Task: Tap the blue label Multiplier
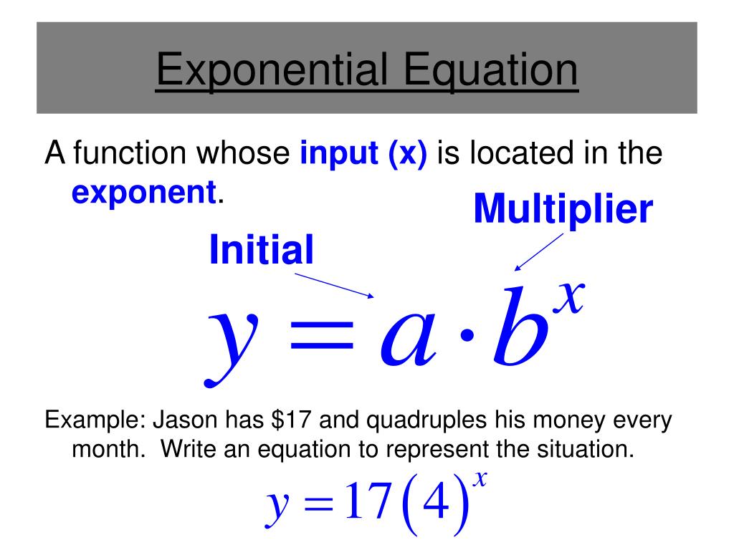pos(563,209)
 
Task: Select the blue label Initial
pos(261,249)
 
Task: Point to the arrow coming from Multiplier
pos(539,252)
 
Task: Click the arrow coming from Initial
pos(334,285)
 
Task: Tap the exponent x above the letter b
pos(568,297)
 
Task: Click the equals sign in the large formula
pos(322,335)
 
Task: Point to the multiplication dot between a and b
pos(466,335)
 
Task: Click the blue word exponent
pos(143,193)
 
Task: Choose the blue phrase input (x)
pos(363,153)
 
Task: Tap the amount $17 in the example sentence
pos(291,420)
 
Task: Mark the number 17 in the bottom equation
pos(368,502)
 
